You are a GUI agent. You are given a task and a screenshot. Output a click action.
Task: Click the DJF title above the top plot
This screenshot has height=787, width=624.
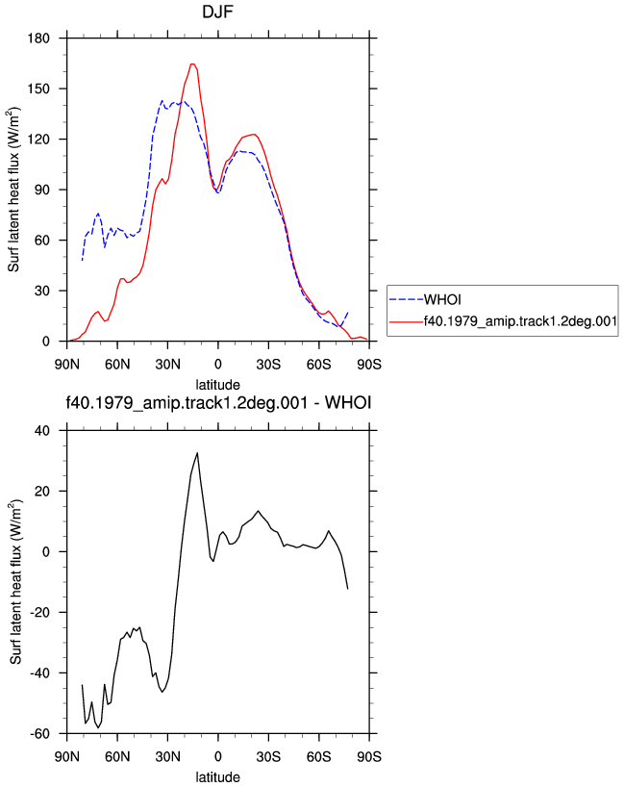(217, 12)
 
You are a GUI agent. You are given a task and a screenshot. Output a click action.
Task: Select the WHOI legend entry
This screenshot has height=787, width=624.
(442, 299)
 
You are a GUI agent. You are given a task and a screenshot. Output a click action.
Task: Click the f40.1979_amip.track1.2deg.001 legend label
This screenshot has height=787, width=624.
(520, 321)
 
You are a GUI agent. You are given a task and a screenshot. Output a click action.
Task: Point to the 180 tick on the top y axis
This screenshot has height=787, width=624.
(39, 38)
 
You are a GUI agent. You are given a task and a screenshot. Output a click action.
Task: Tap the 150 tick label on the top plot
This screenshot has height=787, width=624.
(39, 89)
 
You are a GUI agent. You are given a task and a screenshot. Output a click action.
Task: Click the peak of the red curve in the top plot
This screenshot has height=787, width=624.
(192, 63)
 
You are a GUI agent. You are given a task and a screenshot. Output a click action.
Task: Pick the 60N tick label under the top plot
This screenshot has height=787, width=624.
(117, 365)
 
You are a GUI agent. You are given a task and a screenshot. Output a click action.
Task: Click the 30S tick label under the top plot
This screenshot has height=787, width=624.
(268, 365)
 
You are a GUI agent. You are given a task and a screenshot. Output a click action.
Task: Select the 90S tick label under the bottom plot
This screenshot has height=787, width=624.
(369, 756)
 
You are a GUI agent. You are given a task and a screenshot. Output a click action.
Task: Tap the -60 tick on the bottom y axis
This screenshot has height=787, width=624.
(39, 734)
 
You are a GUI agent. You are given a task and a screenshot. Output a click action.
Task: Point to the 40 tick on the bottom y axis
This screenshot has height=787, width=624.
(42, 431)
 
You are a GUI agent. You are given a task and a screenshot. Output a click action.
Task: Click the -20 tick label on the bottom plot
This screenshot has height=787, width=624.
(39, 612)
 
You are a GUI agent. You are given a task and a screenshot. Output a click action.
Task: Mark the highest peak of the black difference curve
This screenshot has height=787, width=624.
(197, 453)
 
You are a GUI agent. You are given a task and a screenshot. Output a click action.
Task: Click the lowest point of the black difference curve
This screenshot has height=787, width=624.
(98, 727)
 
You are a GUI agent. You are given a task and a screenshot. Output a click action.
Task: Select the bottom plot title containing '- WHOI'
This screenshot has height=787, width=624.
(218, 402)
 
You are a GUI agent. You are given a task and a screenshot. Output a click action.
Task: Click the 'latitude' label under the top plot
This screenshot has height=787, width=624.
(217, 385)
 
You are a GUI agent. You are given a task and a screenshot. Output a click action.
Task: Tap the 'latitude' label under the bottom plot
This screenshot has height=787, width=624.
(217, 777)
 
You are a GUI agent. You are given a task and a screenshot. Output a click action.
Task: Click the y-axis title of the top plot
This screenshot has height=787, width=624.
(13, 190)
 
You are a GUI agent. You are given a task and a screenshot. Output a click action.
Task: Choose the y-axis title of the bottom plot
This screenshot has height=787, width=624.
(15, 582)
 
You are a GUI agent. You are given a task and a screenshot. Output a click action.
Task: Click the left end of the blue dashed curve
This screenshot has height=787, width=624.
(83, 260)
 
